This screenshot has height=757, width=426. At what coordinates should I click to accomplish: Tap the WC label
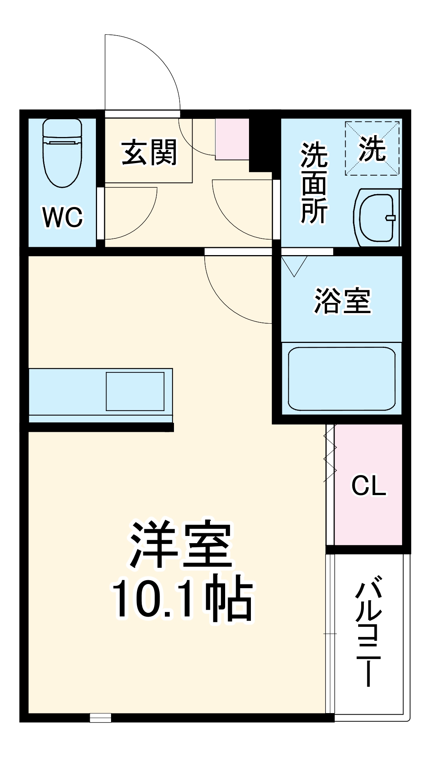coord(63,217)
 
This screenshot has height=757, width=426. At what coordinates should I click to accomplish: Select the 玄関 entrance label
coord(149,153)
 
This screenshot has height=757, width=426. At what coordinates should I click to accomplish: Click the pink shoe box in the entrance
coord(232,139)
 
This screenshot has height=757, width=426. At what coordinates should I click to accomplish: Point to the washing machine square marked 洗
coord(372,148)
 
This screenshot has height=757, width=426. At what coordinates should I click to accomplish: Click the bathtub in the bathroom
coord(341,378)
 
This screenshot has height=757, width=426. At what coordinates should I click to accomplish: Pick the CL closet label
coord(369,485)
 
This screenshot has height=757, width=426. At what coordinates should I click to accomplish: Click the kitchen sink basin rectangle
coord(135,391)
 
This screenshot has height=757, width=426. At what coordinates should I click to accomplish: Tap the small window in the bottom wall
coord(100,717)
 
